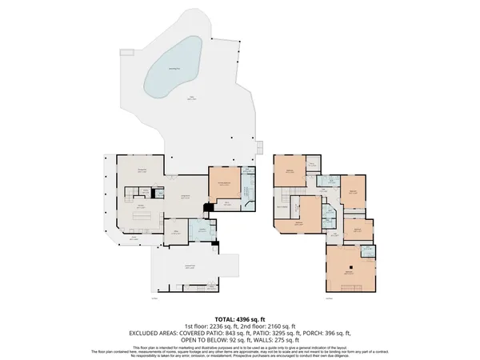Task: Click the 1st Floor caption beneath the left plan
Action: point(154,300)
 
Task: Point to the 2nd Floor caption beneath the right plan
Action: point(329,300)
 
